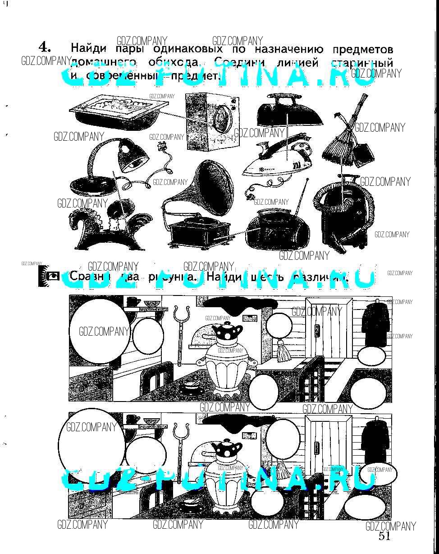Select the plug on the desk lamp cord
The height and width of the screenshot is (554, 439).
tap(160, 147)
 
